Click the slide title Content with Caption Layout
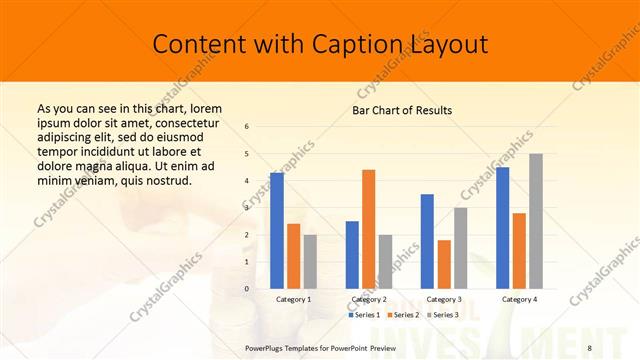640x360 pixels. click(320, 44)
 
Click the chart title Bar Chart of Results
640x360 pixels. click(402, 110)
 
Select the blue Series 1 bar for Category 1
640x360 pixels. click(277, 231)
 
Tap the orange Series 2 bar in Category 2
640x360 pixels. click(368, 229)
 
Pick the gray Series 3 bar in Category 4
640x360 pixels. click(536, 221)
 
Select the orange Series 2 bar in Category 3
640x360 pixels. click(444, 264)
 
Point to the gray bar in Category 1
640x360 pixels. click(310, 262)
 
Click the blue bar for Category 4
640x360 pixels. click(502, 228)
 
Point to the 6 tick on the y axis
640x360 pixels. click(246, 127)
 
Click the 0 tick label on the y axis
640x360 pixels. click(246, 289)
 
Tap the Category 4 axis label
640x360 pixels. click(519, 299)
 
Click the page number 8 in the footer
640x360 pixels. click(590, 348)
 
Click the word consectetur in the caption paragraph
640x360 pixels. click(189, 122)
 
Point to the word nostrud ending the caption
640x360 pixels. click(167, 180)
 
